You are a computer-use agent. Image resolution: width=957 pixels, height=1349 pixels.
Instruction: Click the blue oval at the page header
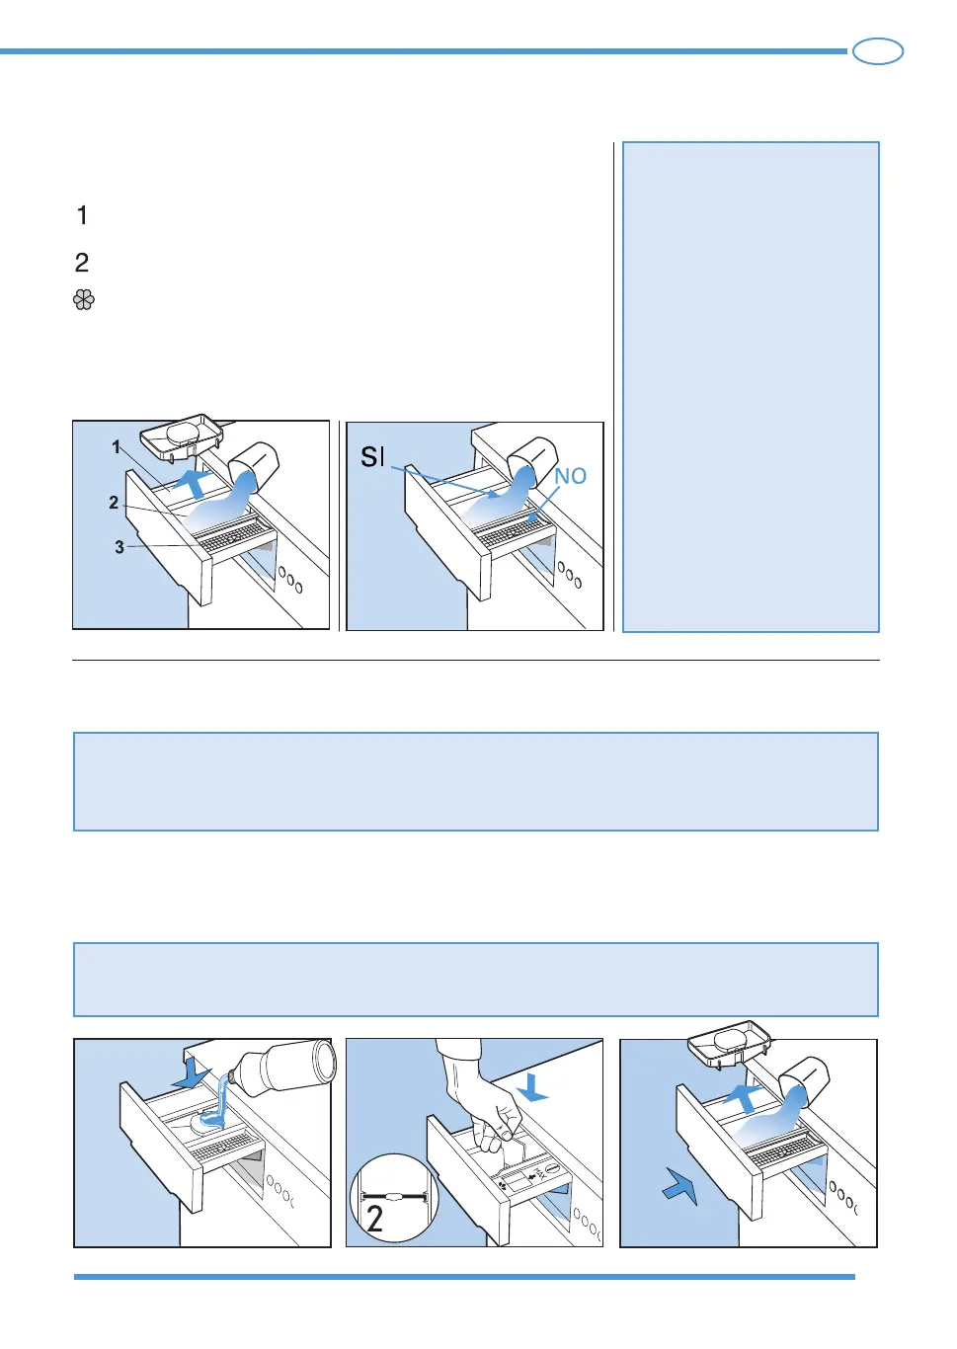tap(878, 51)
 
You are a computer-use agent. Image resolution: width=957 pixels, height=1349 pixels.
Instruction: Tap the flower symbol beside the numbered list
tap(84, 300)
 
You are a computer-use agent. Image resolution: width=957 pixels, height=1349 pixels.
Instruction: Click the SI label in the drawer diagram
tap(372, 457)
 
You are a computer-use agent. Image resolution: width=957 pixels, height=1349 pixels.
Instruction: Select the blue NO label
tap(570, 476)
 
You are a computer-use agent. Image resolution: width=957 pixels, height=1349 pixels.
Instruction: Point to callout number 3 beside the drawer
tap(120, 547)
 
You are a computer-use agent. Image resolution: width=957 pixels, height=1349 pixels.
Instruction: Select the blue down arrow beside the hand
tap(532, 1088)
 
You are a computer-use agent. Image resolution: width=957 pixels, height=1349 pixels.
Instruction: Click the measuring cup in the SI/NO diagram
tap(532, 460)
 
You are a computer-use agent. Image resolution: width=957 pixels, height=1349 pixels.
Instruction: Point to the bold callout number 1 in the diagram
tap(117, 446)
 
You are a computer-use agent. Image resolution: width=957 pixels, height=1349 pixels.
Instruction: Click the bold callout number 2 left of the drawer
tap(114, 503)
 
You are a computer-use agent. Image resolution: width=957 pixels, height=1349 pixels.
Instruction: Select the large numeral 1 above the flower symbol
tap(83, 215)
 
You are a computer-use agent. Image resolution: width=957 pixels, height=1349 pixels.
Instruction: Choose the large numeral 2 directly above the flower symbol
tap(82, 263)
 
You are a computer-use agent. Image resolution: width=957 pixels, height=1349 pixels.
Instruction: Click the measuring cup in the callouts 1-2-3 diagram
tap(254, 466)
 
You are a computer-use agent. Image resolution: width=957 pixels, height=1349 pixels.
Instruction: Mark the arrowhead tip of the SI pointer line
tap(500, 497)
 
